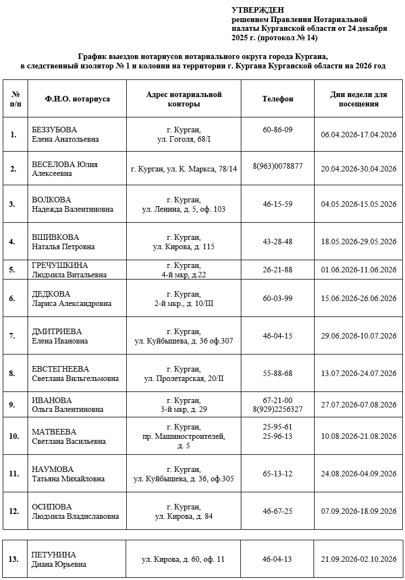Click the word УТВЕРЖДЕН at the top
tap(257, 10)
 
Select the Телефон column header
tap(278, 99)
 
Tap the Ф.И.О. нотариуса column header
tap(77, 99)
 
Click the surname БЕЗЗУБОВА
tap(55, 130)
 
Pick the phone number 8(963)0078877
tap(278, 166)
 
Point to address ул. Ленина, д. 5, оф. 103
tap(183, 209)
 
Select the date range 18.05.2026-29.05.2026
tap(359, 241)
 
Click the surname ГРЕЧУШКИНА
tap(60, 265)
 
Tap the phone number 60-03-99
tap(278, 298)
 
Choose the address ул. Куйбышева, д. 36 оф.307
tap(183, 341)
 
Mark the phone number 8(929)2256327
tap(278, 409)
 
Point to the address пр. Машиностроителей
tap(183, 437)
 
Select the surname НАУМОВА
tap(52, 469)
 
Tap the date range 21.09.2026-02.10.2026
tap(359, 559)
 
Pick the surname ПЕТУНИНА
tap(54, 555)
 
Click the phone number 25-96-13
tap(278, 437)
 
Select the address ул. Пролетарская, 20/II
tap(183, 378)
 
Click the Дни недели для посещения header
tap(359, 99)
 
